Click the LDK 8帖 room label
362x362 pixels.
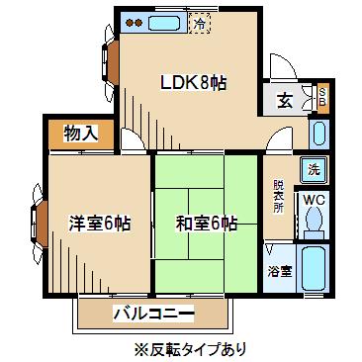193,83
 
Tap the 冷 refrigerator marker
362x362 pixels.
200,23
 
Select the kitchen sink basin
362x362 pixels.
164,23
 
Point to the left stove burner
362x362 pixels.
131,23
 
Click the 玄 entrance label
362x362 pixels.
284,101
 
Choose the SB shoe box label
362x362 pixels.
322,97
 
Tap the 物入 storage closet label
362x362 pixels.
81,134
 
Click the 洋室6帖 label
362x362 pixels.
99,224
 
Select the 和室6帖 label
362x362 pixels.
206,224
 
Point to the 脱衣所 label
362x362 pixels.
279,196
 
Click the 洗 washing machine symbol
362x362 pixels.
315,170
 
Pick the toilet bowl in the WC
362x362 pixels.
314,222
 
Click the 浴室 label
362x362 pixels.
280,271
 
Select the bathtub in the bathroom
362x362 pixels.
314,268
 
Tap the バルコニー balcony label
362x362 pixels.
153,314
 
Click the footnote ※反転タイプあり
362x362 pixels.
190,348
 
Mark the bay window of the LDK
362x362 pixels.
110,62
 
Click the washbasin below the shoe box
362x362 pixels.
318,134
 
